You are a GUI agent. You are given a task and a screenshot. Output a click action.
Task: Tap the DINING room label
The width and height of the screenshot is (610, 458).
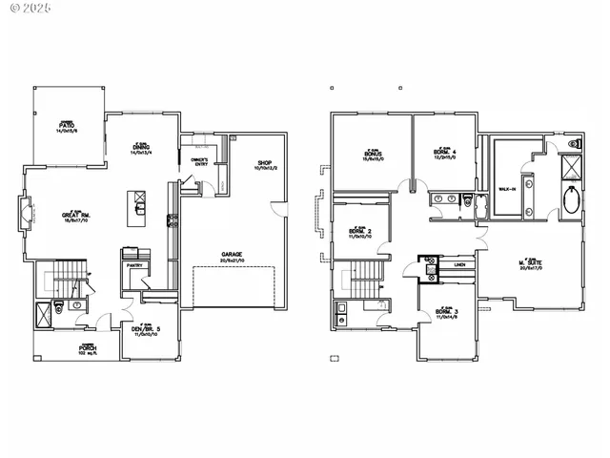click(x=141, y=148)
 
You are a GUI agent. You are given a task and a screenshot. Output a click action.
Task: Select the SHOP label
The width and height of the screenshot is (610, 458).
click(x=267, y=164)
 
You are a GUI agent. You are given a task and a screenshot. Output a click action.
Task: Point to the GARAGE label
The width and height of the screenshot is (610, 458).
click(x=231, y=257)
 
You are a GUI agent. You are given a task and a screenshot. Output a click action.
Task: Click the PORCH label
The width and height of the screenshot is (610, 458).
click(x=89, y=349)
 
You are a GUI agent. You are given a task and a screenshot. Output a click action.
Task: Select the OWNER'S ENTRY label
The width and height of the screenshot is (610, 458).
click(x=199, y=162)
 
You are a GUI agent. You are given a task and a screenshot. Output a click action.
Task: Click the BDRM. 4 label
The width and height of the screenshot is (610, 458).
click(x=445, y=154)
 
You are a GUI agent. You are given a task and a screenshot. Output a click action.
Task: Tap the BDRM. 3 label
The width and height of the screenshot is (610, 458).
click(x=447, y=313)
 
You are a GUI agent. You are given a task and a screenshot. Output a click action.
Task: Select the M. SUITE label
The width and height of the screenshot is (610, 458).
click(x=532, y=264)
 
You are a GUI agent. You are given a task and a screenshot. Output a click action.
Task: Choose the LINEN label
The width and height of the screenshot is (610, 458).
click(x=458, y=263)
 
